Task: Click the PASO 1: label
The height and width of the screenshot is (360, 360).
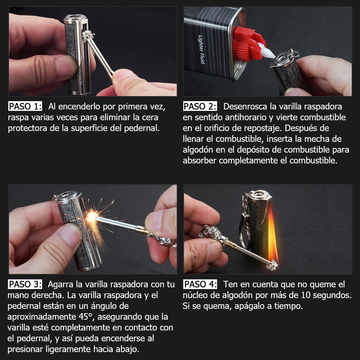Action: tap(25, 106)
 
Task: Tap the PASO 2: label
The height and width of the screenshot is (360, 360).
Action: tap(200, 106)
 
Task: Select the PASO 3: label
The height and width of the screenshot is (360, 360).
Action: tap(25, 284)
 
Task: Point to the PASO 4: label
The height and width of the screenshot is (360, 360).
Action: tap(200, 284)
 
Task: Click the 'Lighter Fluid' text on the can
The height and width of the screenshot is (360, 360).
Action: tap(201, 49)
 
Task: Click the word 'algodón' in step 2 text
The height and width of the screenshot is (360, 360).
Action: tap(197, 150)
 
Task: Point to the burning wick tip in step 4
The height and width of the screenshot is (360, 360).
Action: tap(272, 265)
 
